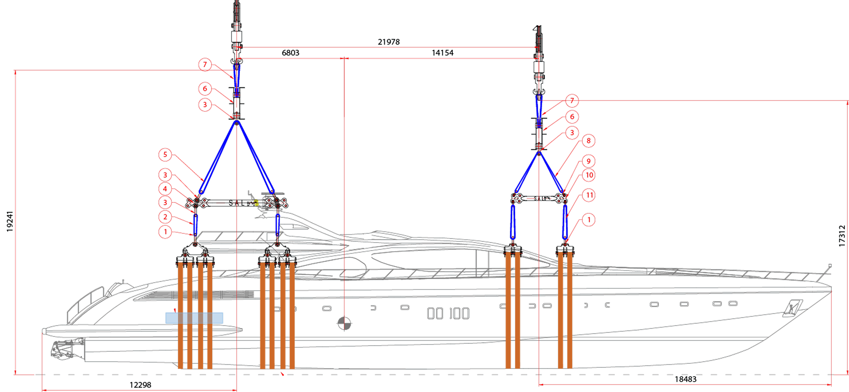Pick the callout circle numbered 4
pyautogui.click(x=165, y=189)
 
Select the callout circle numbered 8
pyautogui.click(x=588, y=141)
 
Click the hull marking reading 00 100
pyautogui.click(x=448, y=314)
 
